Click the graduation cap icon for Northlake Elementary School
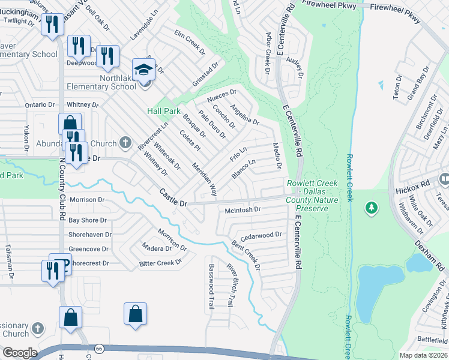click(143, 71)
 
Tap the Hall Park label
click(164, 111)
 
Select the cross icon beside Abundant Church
click(125, 143)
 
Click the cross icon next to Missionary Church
click(38, 328)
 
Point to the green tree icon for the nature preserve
click(372, 208)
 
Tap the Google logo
click(19, 353)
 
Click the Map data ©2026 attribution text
click(424, 355)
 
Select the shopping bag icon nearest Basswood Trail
click(135, 314)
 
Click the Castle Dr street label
click(173, 198)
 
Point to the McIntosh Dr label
click(243, 210)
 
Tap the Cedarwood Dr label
click(261, 235)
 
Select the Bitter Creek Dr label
click(160, 263)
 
